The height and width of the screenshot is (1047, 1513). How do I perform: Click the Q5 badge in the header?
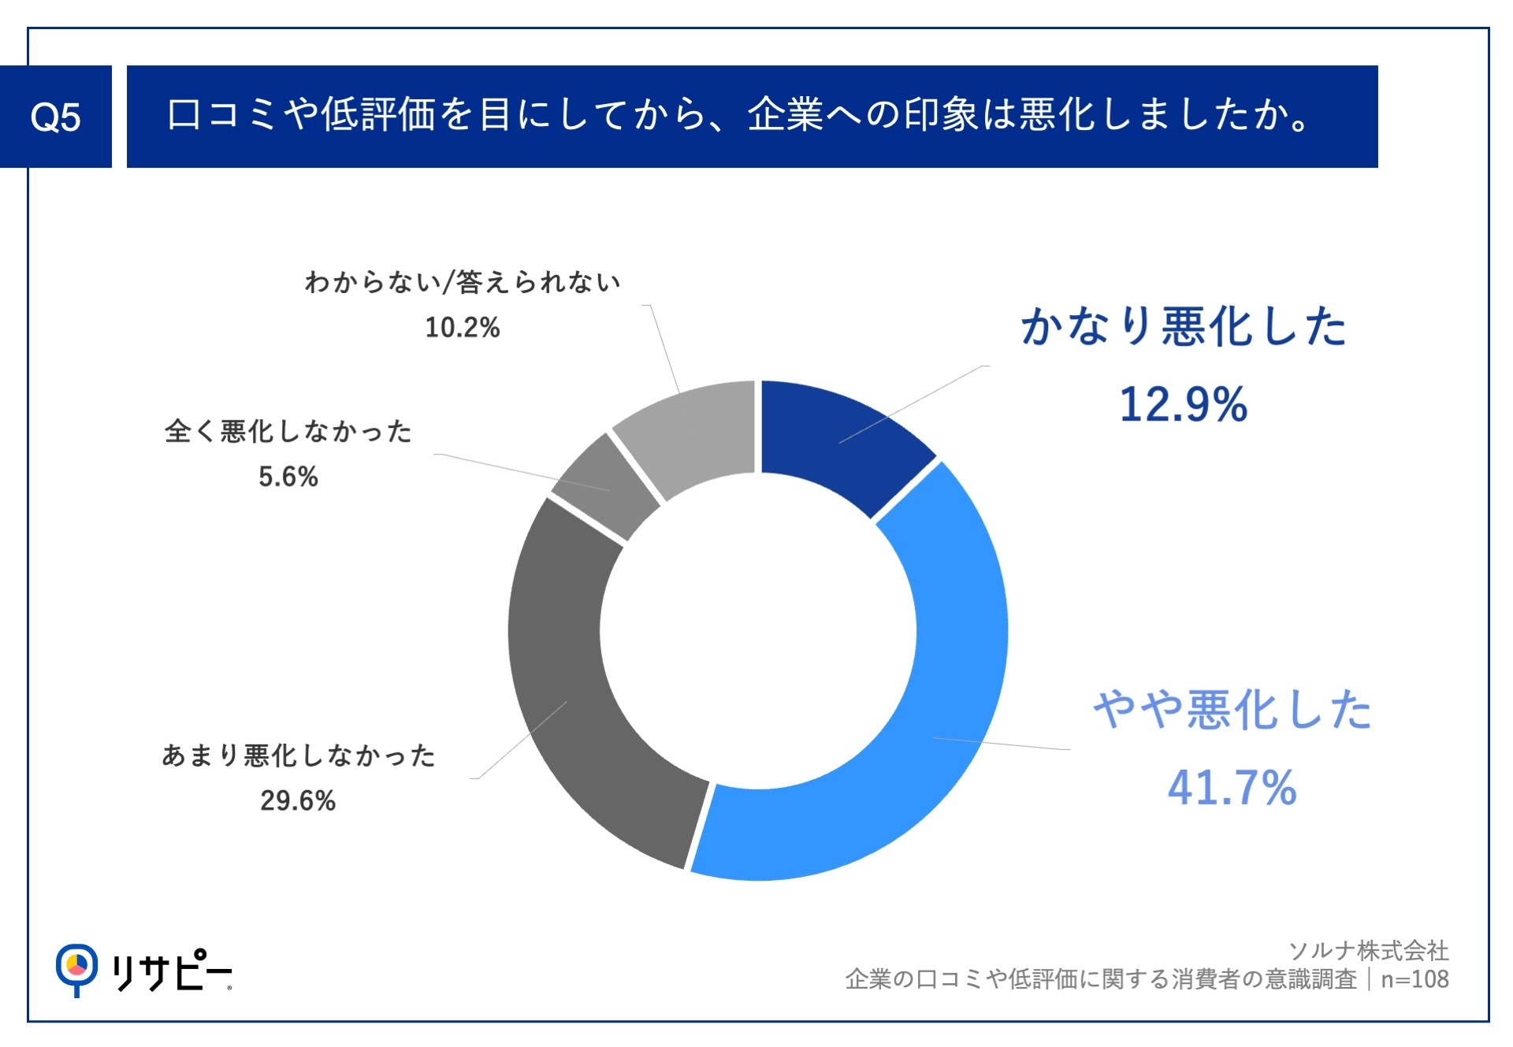pyautogui.click(x=55, y=117)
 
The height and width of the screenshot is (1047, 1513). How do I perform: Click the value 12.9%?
pyautogui.click(x=1183, y=405)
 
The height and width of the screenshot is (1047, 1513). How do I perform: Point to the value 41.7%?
pyautogui.click(x=1232, y=788)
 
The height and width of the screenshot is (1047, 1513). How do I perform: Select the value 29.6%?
pyautogui.click(x=298, y=800)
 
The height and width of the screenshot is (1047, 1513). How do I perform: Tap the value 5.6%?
pyautogui.click(x=288, y=477)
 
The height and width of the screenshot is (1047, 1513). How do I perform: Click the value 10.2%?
pyautogui.click(x=463, y=327)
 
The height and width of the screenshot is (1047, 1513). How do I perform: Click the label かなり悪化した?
pyautogui.click(x=1184, y=326)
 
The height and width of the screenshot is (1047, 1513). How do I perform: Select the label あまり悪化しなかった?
pyautogui.click(x=299, y=756)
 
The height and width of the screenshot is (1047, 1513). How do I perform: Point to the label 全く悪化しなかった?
pyautogui.click(x=288, y=432)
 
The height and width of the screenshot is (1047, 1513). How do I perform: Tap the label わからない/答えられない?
pyautogui.click(x=463, y=282)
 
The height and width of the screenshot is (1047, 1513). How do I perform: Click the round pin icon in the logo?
pyautogui.click(x=76, y=966)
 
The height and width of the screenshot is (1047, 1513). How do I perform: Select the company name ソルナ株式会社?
pyautogui.click(x=1369, y=951)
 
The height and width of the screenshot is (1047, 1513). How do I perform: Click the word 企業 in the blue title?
pyautogui.click(x=785, y=115)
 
